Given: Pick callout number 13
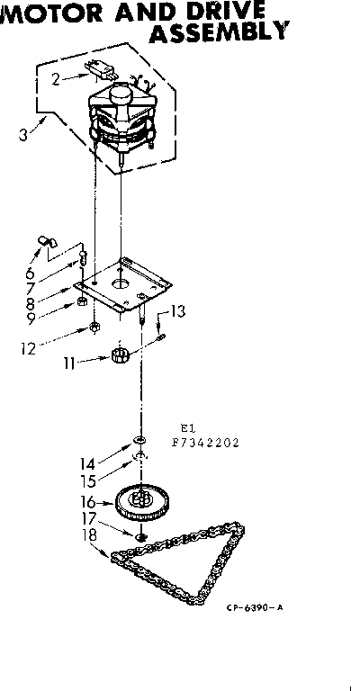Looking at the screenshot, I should [178, 311].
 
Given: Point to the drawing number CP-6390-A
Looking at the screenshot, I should [255, 607].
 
